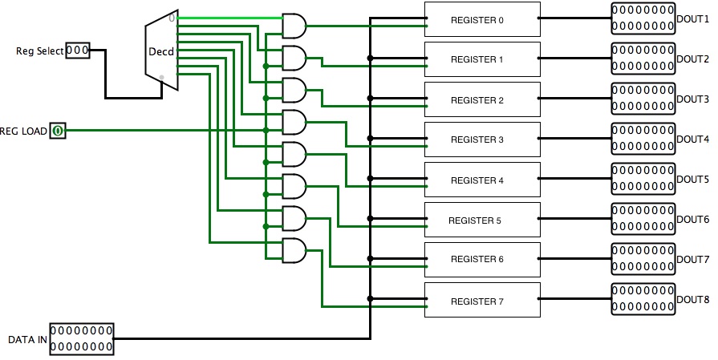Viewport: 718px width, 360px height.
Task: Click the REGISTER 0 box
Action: [x=482, y=19]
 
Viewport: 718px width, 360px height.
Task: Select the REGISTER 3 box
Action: [x=482, y=139]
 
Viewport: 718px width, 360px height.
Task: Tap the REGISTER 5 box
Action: [x=482, y=220]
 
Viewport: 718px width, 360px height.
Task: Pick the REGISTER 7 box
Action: [x=482, y=300]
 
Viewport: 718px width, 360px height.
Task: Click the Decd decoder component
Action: [x=161, y=50]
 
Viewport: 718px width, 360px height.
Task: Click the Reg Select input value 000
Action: [x=78, y=51]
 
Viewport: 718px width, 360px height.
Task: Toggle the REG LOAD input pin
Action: [x=58, y=131]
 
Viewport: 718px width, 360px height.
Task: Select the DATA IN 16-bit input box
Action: [x=82, y=338]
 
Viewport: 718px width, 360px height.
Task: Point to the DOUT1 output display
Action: [x=643, y=18]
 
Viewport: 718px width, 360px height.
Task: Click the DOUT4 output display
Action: [x=643, y=139]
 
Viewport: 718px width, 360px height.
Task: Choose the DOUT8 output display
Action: [x=643, y=299]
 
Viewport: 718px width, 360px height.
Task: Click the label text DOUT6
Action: [x=693, y=220]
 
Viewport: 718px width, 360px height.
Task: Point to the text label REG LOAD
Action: [x=23, y=131]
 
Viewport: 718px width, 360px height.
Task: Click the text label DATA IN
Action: [x=27, y=340]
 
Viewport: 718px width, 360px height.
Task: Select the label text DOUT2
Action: [x=693, y=59]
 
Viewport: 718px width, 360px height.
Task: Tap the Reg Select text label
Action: [x=40, y=51]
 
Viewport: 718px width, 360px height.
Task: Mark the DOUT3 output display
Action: [x=643, y=99]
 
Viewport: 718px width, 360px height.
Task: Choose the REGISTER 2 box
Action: [x=482, y=99]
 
